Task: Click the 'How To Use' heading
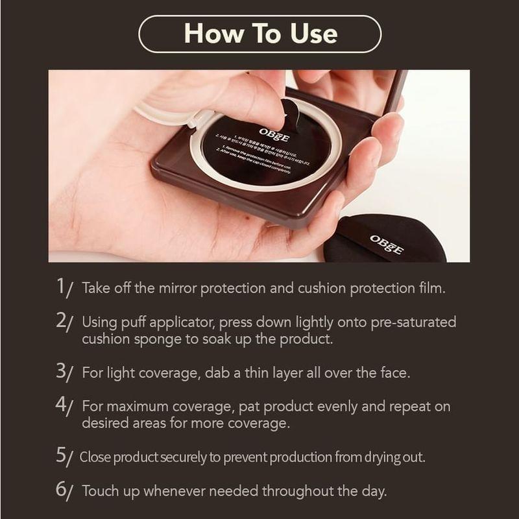pyautogui.click(x=259, y=33)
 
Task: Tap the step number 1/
pyautogui.click(x=66, y=287)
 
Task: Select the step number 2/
pyautogui.click(x=66, y=322)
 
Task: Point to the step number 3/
pyautogui.click(x=66, y=372)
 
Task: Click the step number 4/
pyautogui.click(x=66, y=406)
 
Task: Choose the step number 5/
pyautogui.click(x=66, y=457)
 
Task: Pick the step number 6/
pyautogui.click(x=66, y=490)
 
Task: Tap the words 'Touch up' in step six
pyautogui.click(x=110, y=491)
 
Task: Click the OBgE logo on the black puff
pyautogui.click(x=387, y=245)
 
